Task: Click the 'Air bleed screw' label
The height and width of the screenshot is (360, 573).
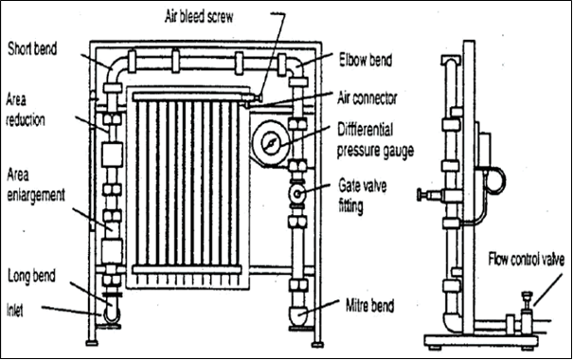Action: pos(199,17)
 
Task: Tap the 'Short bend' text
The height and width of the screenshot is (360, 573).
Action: pos(32,48)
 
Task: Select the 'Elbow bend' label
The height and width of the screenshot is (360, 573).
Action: pos(366,61)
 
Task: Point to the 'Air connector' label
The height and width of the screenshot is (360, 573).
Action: pos(367,99)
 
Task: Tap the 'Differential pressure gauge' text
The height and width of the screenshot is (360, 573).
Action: pos(375,140)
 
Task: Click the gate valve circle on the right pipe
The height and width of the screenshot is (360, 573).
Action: pos(297,193)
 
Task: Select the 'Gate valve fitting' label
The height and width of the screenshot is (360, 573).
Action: pos(362,196)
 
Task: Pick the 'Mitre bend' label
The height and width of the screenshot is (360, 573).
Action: pos(369,306)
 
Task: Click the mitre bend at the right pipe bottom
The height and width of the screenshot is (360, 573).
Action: pos(299,315)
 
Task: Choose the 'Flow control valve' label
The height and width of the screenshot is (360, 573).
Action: pos(527,260)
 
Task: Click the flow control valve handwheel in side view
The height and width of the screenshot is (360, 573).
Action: pos(527,295)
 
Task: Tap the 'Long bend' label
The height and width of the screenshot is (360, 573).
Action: pos(31,276)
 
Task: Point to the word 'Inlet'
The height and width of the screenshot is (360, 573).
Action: pos(15,311)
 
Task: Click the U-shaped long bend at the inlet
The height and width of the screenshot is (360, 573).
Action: pos(111,314)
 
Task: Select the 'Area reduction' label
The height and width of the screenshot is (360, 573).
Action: pos(26,110)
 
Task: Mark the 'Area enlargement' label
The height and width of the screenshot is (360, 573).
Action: pos(36,186)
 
